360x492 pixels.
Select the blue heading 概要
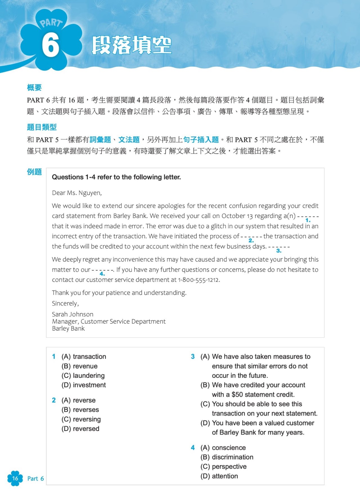coord(34,88)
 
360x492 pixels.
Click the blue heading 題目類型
coord(42,127)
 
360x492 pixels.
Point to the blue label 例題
coord(34,172)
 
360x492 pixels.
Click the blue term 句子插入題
coord(201,140)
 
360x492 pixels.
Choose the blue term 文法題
coord(129,140)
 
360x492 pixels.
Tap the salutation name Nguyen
coord(89,193)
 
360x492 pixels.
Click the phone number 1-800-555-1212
coord(198,280)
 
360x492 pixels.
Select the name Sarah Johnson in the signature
coord(73,314)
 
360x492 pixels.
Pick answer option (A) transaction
coord(84,357)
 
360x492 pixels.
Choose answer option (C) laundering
coord(83,375)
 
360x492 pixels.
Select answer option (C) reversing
coord(81,419)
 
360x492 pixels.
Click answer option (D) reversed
coord(80,429)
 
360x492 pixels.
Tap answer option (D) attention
coord(219,476)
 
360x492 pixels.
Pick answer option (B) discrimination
coord(227,457)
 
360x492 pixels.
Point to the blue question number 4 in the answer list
coord(193,448)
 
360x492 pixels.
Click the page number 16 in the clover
coord(15,478)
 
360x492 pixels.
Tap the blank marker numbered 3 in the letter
coord(279,251)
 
